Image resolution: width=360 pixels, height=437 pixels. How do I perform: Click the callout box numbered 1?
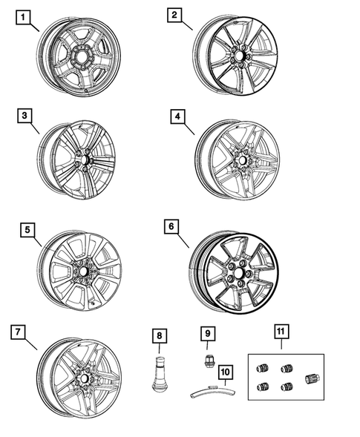pos(23,18)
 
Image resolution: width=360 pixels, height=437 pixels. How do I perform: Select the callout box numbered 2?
pos(174,15)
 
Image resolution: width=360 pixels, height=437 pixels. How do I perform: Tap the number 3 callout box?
pos(24,116)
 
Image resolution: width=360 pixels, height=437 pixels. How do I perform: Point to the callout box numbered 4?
pos(177,116)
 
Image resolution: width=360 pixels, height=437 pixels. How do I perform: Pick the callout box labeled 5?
pos(27,230)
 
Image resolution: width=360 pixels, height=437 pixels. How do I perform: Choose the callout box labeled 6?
pos(171,226)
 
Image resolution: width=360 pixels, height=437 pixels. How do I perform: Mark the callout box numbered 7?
pos(18,332)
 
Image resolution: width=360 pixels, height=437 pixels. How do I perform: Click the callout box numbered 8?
pos(160,336)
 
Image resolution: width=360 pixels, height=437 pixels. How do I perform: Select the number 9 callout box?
pos(208,333)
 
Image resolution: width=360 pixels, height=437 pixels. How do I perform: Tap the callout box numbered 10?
pos(226,372)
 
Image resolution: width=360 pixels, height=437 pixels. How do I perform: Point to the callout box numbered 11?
pos(281,332)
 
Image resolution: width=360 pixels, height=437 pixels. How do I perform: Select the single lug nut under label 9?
pos(208,361)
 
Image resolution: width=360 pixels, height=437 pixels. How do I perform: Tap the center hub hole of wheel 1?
pos(82,57)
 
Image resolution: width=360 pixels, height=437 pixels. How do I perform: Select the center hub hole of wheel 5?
pos(83,271)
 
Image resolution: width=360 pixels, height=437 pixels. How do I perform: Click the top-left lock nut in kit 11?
pos(263,368)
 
